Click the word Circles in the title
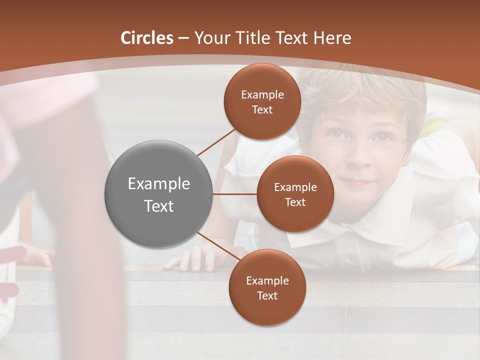pyautogui.click(x=147, y=38)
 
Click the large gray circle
pyautogui.click(x=158, y=194)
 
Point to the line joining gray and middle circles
pyautogui.click(x=235, y=194)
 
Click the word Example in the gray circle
pyautogui.click(x=158, y=183)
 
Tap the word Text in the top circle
pyautogui.click(x=262, y=110)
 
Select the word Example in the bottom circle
pyautogui.click(x=267, y=281)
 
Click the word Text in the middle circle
pyautogui.click(x=295, y=202)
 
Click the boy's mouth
pyautogui.click(x=358, y=183)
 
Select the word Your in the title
pyautogui.click(x=210, y=38)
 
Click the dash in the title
pyautogui.click(x=183, y=38)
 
